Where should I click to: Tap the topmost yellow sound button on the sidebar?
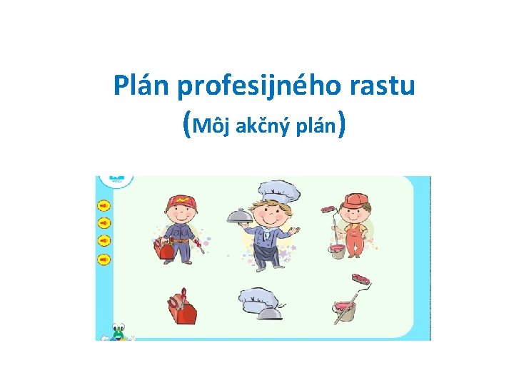coord(104,206)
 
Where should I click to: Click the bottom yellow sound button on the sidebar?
coord(104,259)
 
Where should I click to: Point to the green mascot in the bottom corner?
coord(117,332)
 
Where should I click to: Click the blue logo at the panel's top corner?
coord(116,180)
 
